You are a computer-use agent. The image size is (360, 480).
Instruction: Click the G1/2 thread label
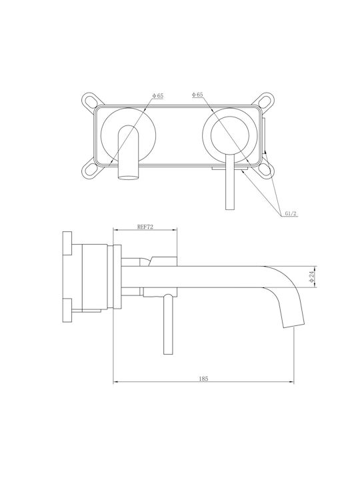291,213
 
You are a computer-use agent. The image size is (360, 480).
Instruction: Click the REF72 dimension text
145,227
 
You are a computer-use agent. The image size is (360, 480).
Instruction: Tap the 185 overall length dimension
203,379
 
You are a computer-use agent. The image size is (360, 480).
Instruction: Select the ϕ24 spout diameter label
311,277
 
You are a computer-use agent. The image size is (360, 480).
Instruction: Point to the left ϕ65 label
158,96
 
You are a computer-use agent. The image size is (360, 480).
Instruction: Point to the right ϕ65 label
197,95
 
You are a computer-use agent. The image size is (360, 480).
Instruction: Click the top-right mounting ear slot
265,101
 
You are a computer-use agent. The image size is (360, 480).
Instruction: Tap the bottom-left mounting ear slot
91,170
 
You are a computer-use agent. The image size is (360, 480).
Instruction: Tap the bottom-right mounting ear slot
265,170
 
